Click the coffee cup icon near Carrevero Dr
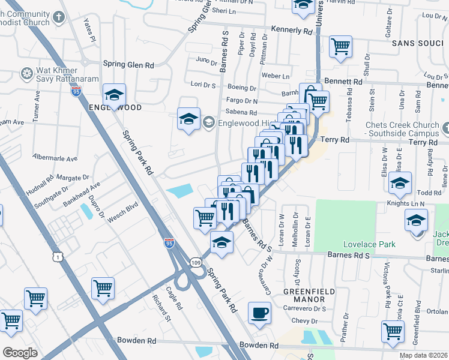coord(259,313)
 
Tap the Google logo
coord(20,353)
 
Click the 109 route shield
coord(196,262)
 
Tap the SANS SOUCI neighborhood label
coord(417,44)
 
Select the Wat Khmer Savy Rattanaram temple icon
coord(27,74)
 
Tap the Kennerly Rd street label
coord(292,30)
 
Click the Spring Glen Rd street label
coord(128,64)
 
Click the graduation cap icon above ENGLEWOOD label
coord(113,94)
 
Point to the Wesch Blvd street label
coord(123,215)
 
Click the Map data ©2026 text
coord(424,355)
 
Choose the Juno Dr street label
coord(206,61)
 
